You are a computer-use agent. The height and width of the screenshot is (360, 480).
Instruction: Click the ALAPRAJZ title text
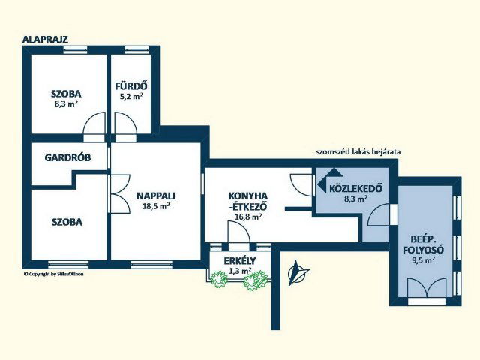(45, 40)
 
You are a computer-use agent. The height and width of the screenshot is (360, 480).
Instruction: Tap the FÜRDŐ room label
(131, 86)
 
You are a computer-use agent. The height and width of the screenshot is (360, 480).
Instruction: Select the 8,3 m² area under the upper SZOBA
(66, 103)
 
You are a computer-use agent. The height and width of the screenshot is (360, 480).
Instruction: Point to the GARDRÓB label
(67, 157)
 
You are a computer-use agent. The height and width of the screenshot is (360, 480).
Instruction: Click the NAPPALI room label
(156, 196)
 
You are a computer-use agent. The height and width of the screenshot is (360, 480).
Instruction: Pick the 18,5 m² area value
(156, 206)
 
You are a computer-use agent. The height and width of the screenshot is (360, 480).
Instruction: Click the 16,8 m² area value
(248, 217)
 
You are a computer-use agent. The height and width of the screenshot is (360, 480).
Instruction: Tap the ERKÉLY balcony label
(240, 261)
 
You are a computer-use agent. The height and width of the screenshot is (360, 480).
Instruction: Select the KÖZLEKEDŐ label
(355, 188)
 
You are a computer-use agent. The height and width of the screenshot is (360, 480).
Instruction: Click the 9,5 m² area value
(423, 260)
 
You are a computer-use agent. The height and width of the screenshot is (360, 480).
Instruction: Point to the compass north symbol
(298, 272)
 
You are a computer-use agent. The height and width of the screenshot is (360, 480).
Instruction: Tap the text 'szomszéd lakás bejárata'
(358, 151)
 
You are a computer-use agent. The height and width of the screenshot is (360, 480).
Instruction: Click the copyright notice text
(53, 274)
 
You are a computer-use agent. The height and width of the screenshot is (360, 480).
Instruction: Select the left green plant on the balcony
(219, 279)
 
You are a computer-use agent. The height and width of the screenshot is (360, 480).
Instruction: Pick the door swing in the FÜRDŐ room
(125, 123)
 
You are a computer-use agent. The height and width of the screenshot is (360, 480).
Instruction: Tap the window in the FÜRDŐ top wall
(137, 50)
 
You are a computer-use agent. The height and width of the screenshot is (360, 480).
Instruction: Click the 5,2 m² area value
(131, 97)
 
